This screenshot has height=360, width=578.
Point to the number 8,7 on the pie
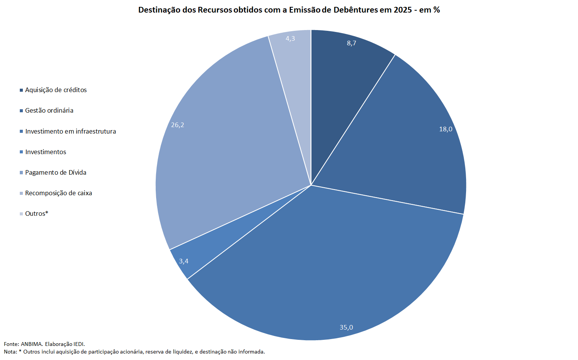(351, 43)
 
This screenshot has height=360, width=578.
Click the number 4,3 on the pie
(290, 38)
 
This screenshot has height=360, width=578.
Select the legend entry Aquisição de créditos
(56, 90)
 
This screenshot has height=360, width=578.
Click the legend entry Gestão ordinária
(49, 111)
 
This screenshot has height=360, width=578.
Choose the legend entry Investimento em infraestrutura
(70, 131)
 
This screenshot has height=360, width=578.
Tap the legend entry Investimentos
(46, 152)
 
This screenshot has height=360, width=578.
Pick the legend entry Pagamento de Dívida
(56, 172)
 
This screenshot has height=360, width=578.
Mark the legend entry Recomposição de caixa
(59, 193)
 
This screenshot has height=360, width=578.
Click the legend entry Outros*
(37, 213)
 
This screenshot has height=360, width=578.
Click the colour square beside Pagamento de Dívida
(21, 173)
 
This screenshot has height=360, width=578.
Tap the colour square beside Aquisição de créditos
(21, 91)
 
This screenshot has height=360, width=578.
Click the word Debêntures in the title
(356, 10)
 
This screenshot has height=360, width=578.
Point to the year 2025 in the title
(402, 10)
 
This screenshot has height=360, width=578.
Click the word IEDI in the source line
(79, 344)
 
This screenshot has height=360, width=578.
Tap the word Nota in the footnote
(10, 352)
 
